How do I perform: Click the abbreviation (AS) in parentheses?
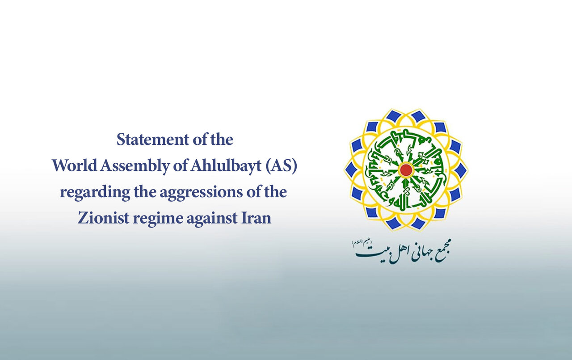coord(281,166)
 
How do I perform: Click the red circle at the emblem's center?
coord(406,169)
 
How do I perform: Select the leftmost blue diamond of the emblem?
coord(351,169)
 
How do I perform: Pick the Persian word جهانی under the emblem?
coord(411,254)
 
